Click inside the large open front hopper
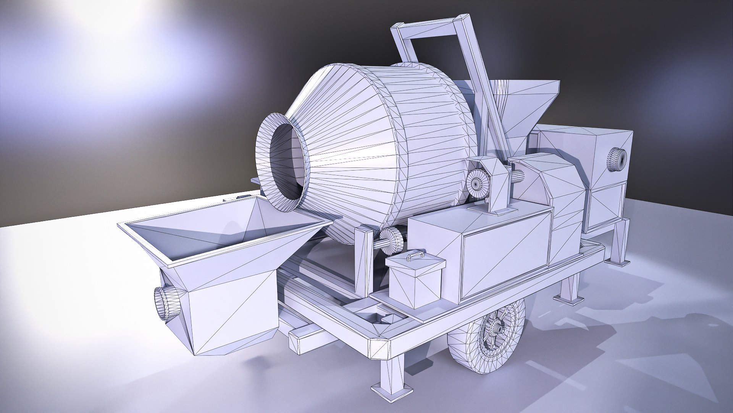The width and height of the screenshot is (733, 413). (214, 229)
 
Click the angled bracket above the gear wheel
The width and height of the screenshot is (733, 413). (496, 180)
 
